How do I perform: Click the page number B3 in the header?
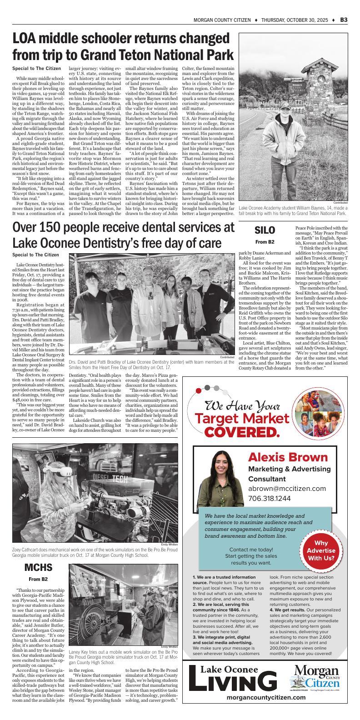pos(344,20)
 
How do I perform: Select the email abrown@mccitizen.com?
pos(287,489)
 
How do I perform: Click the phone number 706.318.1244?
pos(270,499)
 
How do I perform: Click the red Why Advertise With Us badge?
pos(321,550)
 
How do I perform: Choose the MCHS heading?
pos(38,568)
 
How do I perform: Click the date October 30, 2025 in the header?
pos(296,20)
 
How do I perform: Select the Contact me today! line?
pos(251,550)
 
